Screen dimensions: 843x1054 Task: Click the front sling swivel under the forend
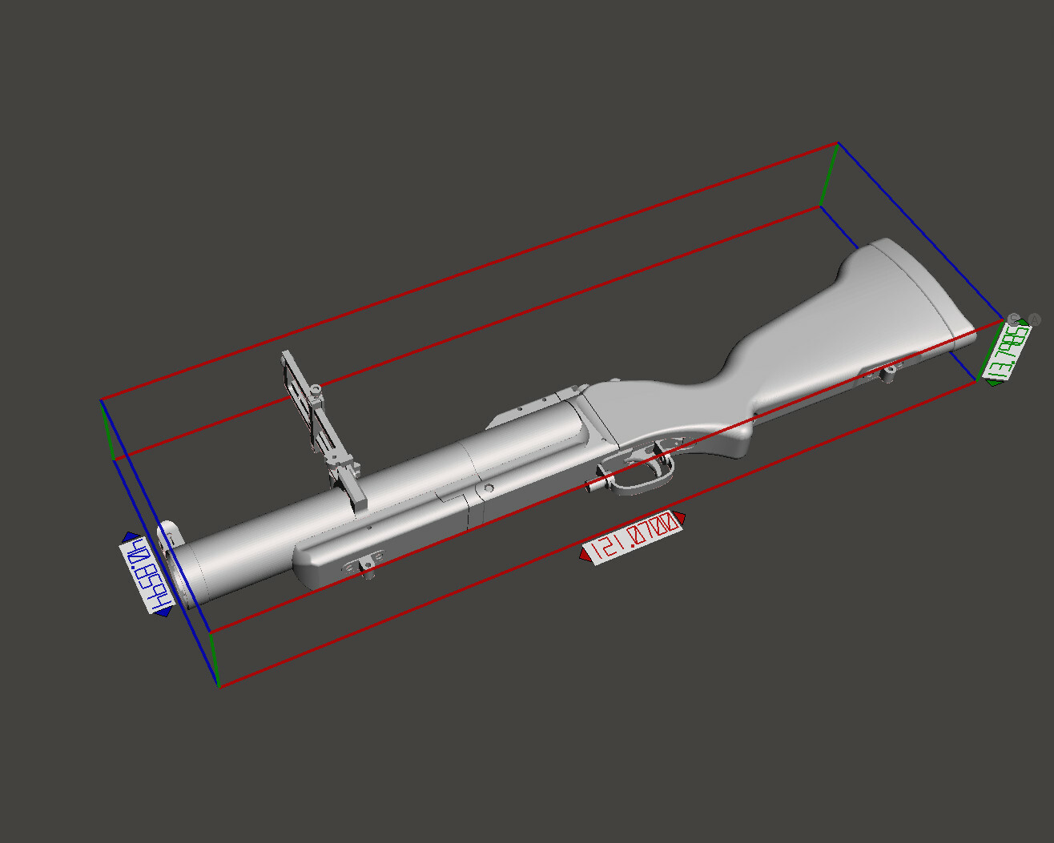coord(368,568)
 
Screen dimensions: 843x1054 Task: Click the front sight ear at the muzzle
coord(169,535)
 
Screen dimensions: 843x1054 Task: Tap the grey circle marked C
coord(1014,319)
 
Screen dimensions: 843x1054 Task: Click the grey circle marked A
coord(1034,319)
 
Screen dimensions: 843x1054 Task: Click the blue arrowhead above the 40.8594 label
coord(127,537)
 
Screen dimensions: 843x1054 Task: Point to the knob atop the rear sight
coord(316,389)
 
